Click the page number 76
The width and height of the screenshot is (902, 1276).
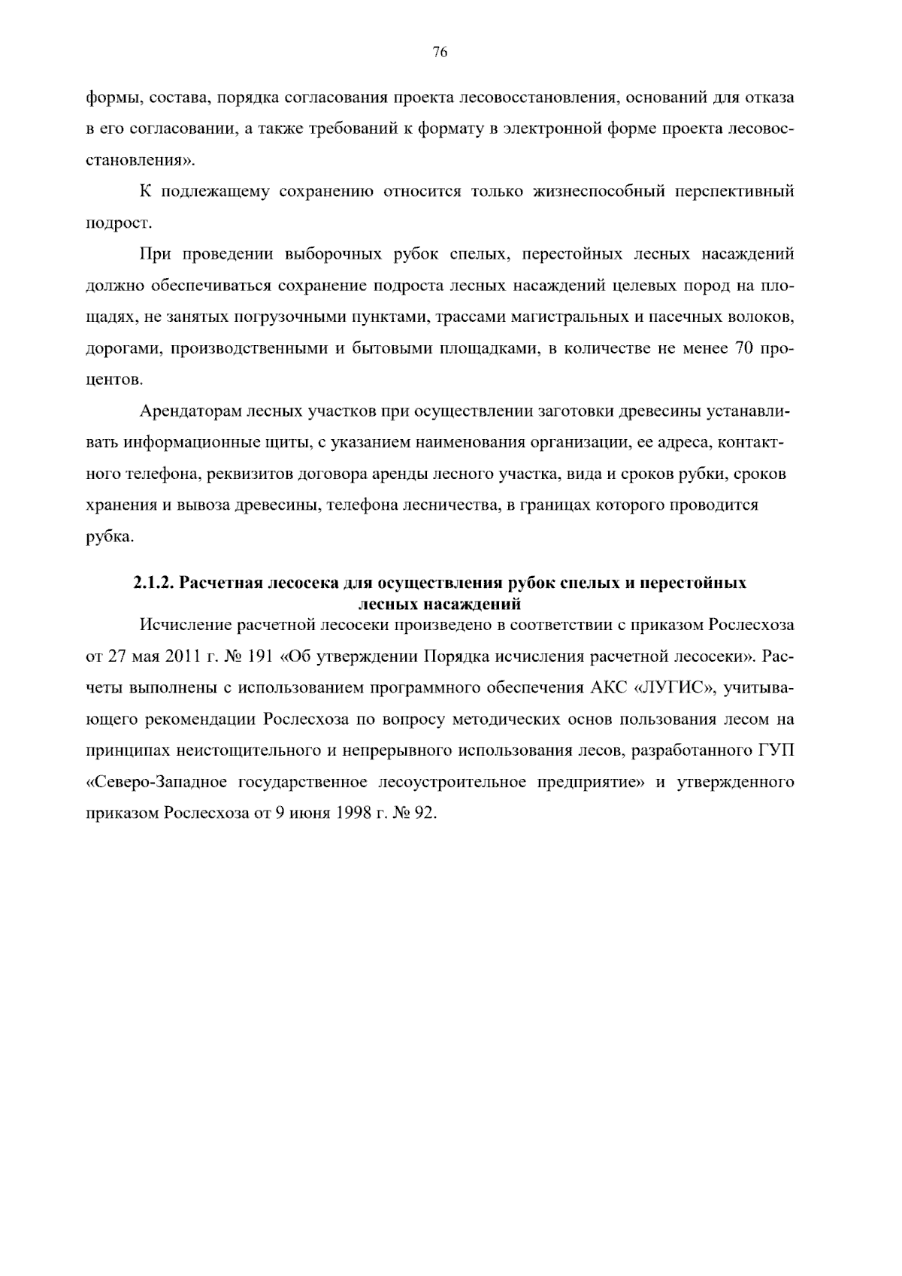pyautogui.click(x=440, y=52)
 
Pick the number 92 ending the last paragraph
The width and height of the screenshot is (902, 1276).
pyautogui.click(x=424, y=814)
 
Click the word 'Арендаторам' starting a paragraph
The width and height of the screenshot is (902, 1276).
pyautogui.click(x=181, y=412)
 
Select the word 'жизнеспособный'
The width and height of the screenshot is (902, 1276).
pyautogui.click(x=597, y=192)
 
